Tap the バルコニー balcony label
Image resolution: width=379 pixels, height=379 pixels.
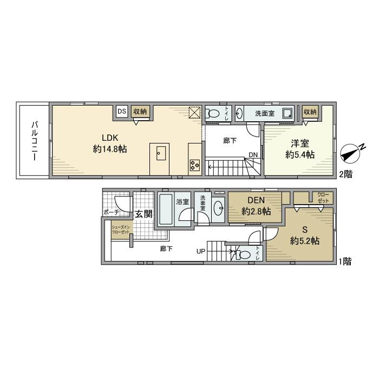(34, 140)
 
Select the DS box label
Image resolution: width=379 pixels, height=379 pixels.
(121, 112)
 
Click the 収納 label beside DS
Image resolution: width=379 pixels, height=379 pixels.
(140, 112)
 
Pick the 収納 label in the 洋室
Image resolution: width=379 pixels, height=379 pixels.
(310, 112)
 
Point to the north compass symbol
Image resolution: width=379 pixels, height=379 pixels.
(351, 154)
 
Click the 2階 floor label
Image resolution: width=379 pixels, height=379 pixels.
(345, 174)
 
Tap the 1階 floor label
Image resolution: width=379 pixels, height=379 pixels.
(345, 262)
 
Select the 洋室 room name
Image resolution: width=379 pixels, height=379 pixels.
(300, 143)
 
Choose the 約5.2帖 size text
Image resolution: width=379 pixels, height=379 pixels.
(304, 241)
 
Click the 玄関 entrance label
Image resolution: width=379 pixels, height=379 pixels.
(143, 214)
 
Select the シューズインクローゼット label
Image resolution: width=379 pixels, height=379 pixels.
(121, 229)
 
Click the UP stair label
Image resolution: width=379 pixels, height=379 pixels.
(201, 251)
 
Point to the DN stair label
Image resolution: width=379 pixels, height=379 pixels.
(253, 154)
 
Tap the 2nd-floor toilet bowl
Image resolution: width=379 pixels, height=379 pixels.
(214, 114)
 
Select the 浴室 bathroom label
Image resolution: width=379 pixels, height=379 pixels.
(182, 202)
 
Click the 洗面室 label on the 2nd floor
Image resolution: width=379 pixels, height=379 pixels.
(265, 114)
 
